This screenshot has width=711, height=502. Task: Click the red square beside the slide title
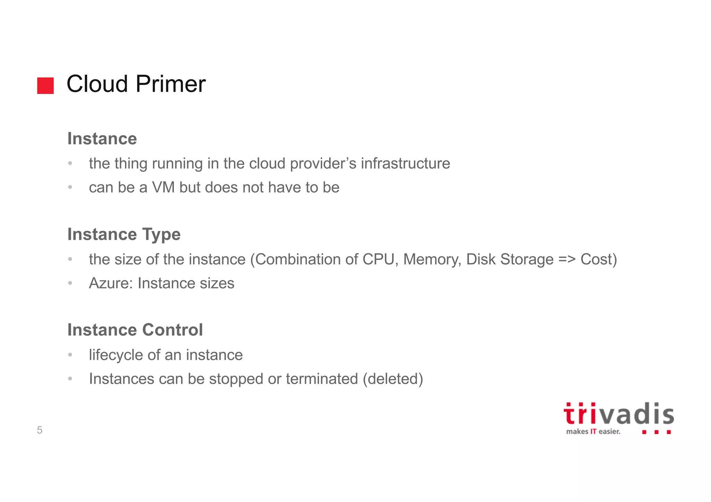pyautogui.click(x=45, y=86)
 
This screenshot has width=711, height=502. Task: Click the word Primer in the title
pyautogui.click(x=170, y=84)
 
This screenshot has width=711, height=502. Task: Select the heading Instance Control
pyautogui.click(x=135, y=330)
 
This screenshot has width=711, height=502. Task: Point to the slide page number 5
pyautogui.click(x=40, y=430)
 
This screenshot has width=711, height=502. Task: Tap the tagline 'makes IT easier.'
pyautogui.click(x=593, y=432)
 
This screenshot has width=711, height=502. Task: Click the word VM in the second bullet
pyautogui.click(x=163, y=188)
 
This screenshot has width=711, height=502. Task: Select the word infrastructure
pyautogui.click(x=405, y=163)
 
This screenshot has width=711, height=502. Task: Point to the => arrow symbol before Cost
pyautogui.click(x=567, y=259)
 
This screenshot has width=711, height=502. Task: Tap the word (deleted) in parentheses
pyautogui.click(x=393, y=379)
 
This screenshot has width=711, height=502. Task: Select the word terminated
pyautogui.click(x=321, y=379)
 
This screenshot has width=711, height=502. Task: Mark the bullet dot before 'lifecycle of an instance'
pyautogui.click(x=70, y=355)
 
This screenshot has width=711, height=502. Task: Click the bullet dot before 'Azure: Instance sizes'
pyautogui.click(x=70, y=283)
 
